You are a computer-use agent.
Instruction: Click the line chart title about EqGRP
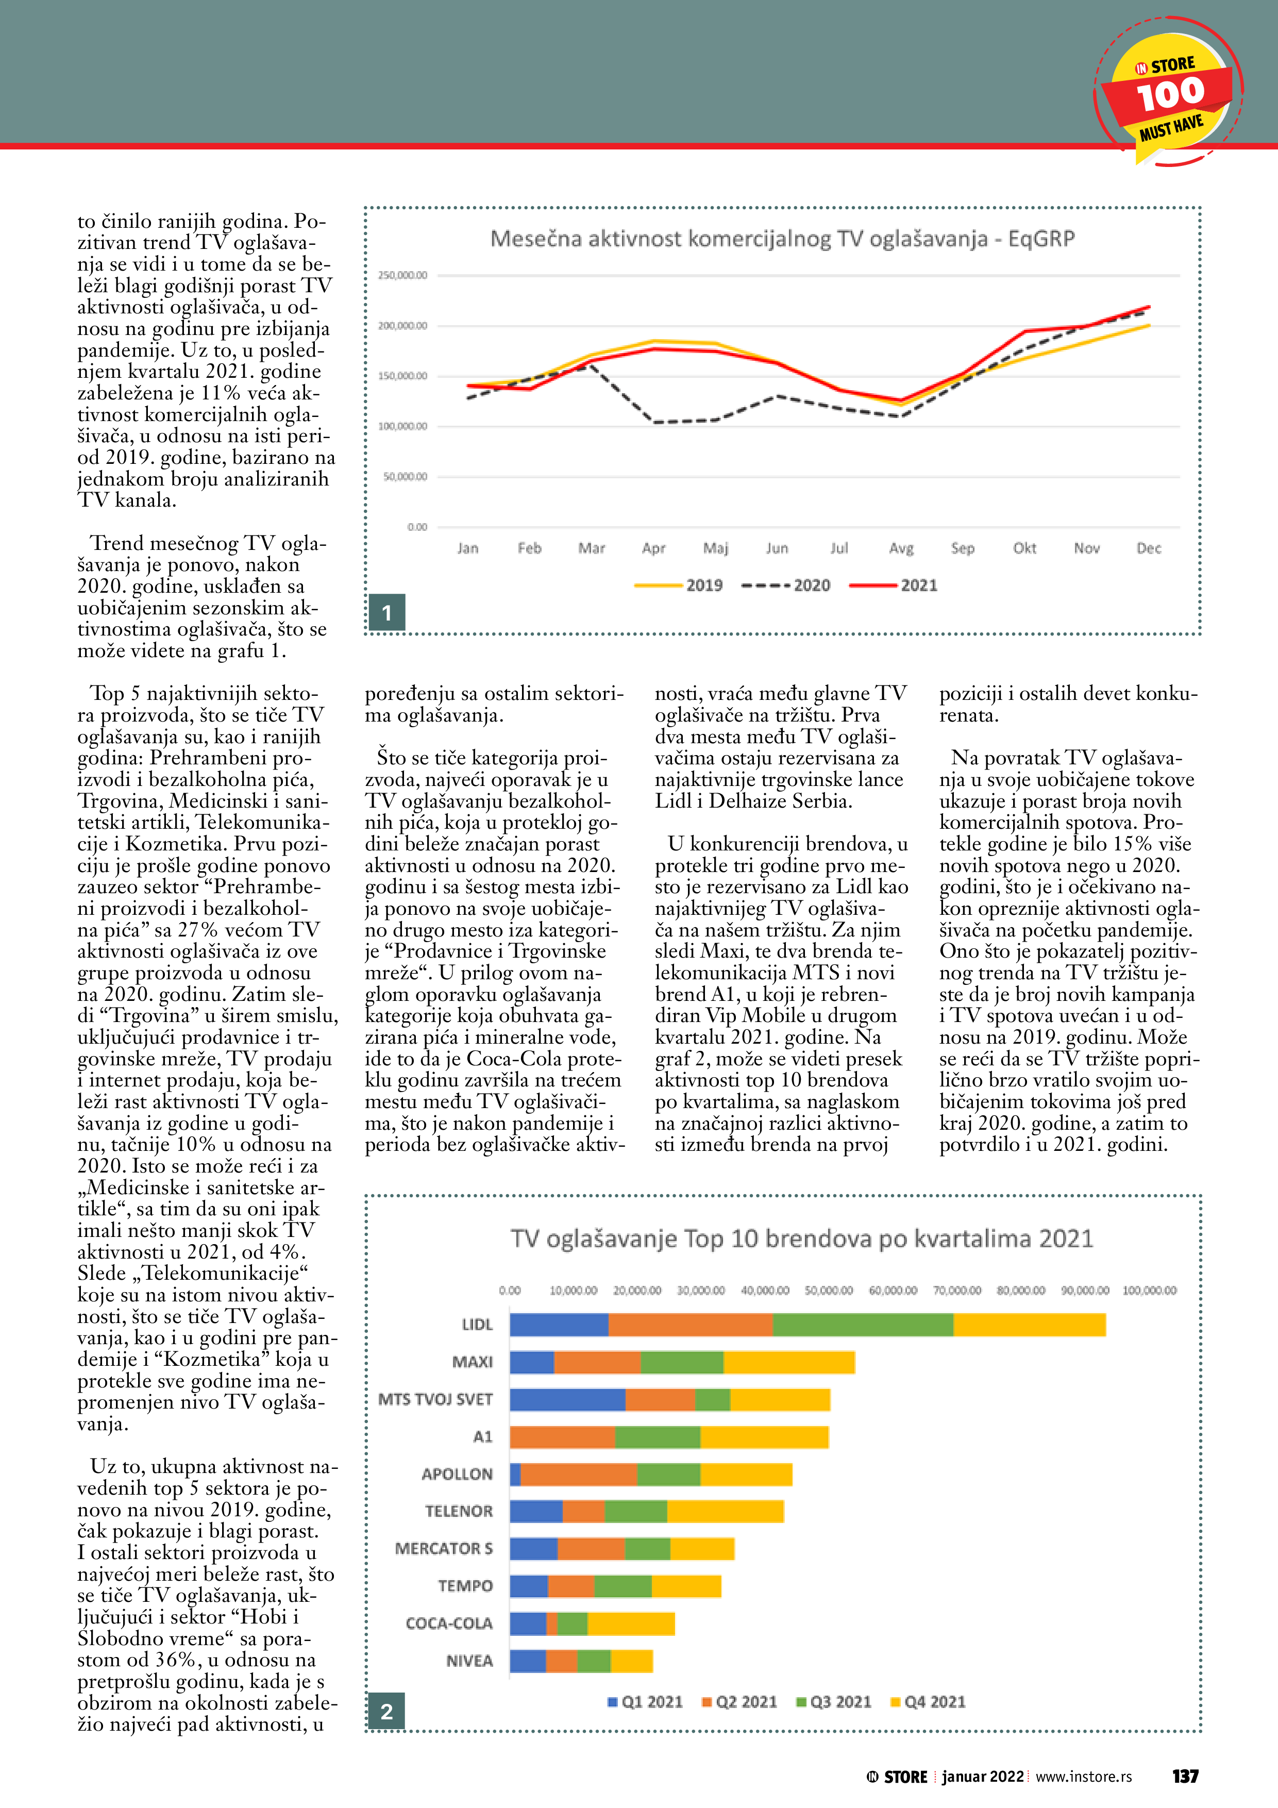[782, 239]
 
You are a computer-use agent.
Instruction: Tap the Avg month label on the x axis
[901, 548]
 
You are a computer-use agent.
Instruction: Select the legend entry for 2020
[786, 585]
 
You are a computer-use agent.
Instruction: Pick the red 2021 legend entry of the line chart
[894, 585]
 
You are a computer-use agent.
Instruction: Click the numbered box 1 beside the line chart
[386, 613]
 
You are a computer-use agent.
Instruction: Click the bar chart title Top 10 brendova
[802, 1238]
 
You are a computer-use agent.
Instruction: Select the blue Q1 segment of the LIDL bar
[559, 1325]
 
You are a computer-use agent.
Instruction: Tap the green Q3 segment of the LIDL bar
[863, 1325]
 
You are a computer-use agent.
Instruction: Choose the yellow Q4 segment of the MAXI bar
[789, 1362]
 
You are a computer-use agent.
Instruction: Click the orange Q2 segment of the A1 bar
[562, 1437]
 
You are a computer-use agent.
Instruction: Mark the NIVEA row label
[469, 1661]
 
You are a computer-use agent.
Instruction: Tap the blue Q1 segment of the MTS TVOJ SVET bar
[567, 1399]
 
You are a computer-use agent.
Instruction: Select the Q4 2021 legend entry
[928, 1702]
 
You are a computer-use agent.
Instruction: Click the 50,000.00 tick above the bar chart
[828, 1291]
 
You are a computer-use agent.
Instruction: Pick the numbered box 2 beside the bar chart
[386, 1711]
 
